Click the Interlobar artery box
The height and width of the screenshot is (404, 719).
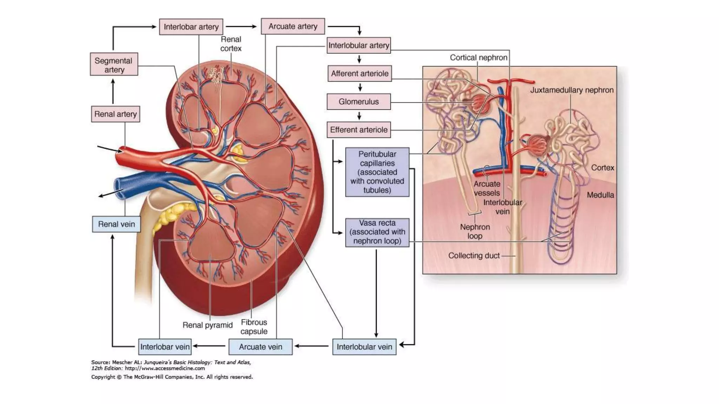pyautogui.click(x=191, y=27)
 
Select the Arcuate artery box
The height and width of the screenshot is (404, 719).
pyautogui.click(x=293, y=26)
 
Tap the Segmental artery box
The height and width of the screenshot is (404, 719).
pyautogui.click(x=114, y=65)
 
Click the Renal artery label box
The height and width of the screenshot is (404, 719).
pyautogui.click(x=116, y=114)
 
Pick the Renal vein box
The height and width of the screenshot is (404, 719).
pyautogui.click(x=116, y=224)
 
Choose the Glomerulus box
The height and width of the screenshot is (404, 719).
pyautogui.click(x=358, y=102)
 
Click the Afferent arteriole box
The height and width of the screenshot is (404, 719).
pyautogui.click(x=359, y=74)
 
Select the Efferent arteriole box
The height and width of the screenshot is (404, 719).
pyautogui.click(x=358, y=130)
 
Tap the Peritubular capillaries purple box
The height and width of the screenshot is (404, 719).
pyautogui.click(x=377, y=172)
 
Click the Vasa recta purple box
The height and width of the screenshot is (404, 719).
pyautogui.click(x=377, y=233)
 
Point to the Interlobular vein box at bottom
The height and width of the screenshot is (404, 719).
pyautogui.click(x=364, y=347)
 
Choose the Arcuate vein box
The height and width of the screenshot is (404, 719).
pyautogui.click(x=260, y=347)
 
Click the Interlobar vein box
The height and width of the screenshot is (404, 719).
pyautogui.click(x=165, y=347)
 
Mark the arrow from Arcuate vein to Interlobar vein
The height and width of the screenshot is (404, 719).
pyautogui.click(x=210, y=346)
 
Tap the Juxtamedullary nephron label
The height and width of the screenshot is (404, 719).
pyautogui.click(x=572, y=90)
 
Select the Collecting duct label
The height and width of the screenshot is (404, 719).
pyautogui.click(x=474, y=256)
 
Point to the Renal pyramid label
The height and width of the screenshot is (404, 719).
pyautogui.click(x=207, y=325)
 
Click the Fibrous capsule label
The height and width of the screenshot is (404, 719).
pyautogui.click(x=254, y=326)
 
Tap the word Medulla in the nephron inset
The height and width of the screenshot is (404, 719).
pyautogui.click(x=600, y=195)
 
